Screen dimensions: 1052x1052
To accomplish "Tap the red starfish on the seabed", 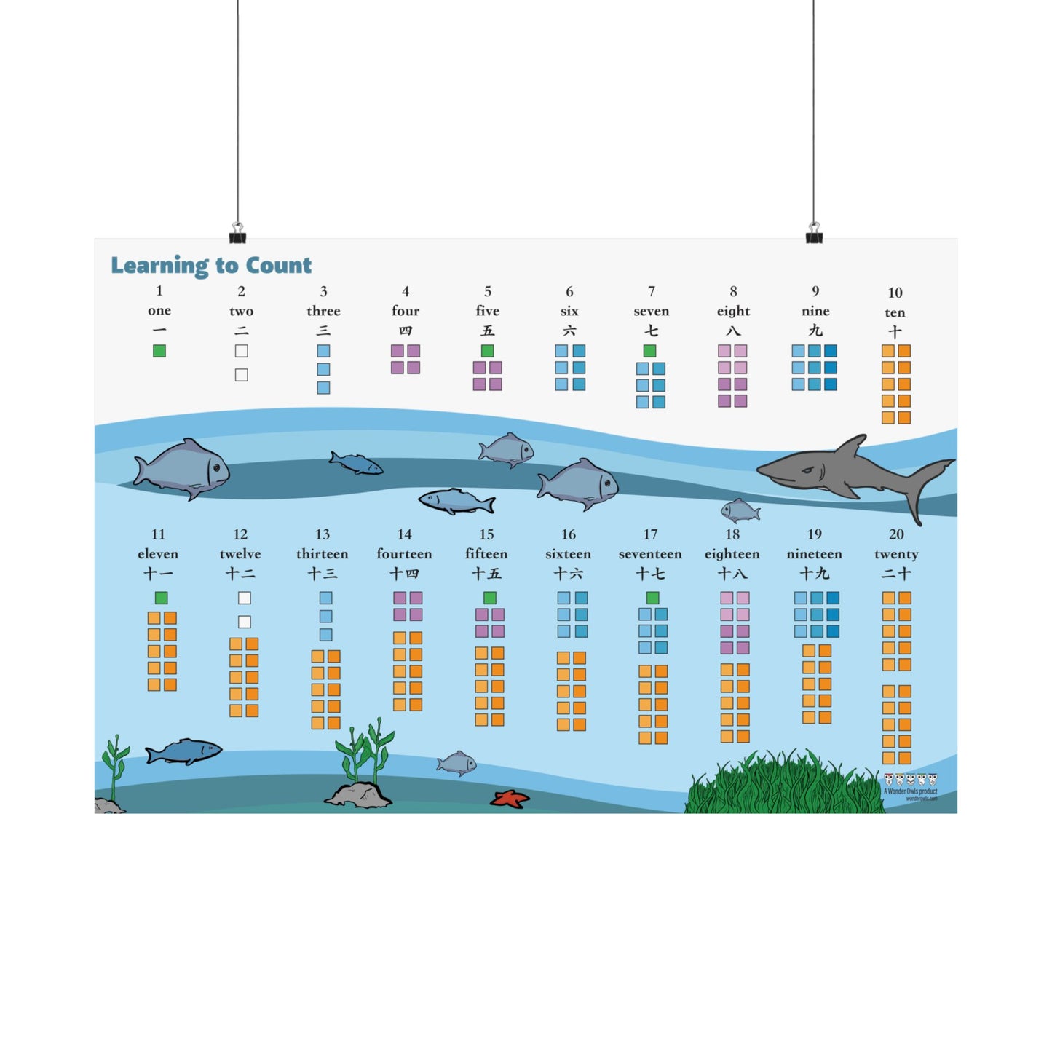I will pos(509,799).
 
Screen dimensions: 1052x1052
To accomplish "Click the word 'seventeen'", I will pos(650,554).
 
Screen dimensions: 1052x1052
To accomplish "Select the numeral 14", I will pos(405,534).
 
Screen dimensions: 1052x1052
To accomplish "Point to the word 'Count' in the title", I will pos(279,265).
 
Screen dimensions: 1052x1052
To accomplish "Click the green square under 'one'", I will pos(159,351).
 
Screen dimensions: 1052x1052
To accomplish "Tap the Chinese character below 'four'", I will pos(406,331).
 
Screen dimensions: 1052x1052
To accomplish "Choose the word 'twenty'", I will pos(896,554).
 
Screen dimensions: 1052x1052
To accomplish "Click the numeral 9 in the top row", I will pos(815,291).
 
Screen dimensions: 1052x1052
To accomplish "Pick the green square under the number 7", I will pos(650,351).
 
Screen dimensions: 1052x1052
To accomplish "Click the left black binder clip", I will pos(237,234).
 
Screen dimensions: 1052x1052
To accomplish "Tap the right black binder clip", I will pos(814,234).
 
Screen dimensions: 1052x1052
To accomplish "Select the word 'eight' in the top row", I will pos(733,311).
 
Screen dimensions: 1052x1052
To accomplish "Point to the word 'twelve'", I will pos(240,554).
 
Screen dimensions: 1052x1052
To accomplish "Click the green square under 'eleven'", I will pos(162,598).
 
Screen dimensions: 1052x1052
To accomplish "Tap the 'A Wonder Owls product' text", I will pos(911,791).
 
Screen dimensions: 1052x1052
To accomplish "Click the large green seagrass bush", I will pos(783,786).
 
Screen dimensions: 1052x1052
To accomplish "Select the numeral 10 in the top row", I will pos(895,293).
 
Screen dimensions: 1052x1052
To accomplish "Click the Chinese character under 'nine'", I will pos(815,331).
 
